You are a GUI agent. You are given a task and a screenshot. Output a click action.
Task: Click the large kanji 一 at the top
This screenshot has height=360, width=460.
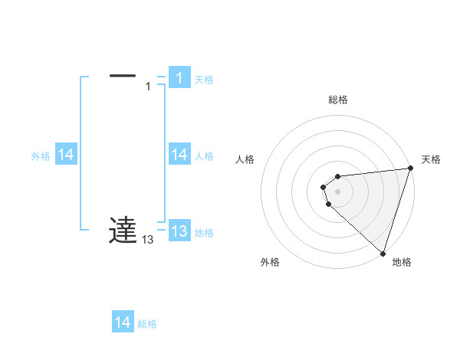(x=123, y=76)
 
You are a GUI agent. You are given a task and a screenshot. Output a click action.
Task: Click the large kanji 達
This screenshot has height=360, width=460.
(x=123, y=231)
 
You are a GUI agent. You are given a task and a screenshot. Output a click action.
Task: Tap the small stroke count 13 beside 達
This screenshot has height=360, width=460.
(x=147, y=240)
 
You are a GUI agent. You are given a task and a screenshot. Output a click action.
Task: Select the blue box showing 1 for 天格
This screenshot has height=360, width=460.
(x=179, y=77)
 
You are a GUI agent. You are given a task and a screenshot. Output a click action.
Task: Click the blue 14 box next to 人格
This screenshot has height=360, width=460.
(x=179, y=155)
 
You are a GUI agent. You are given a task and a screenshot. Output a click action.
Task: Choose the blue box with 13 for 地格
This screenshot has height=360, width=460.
(x=179, y=231)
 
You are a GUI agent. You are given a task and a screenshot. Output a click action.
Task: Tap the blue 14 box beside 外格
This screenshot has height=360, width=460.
(x=66, y=155)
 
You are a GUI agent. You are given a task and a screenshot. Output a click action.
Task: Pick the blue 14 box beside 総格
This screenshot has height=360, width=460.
(x=123, y=322)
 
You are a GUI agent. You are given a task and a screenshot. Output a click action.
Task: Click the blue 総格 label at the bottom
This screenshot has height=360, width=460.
(x=147, y=324)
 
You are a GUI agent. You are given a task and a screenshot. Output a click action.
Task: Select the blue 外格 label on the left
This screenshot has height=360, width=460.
(x=41, y=156)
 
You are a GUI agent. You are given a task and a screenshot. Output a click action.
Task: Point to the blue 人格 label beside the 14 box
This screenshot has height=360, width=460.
(x=204, y=156)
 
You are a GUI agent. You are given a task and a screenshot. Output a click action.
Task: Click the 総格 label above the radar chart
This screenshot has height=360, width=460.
(x=338, y=100)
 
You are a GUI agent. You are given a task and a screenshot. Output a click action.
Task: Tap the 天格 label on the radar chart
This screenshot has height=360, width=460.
(x=431, y=159)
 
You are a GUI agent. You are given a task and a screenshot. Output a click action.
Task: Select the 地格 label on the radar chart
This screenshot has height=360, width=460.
(x=402, y=262)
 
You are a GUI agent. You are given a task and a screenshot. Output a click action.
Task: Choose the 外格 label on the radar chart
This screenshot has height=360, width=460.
(x=270, y=262)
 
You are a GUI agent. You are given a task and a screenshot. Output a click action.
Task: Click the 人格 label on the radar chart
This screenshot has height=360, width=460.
(x=245, y=159)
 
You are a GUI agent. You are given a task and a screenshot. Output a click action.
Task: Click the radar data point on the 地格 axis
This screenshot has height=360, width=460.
(x=383, y=254)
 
